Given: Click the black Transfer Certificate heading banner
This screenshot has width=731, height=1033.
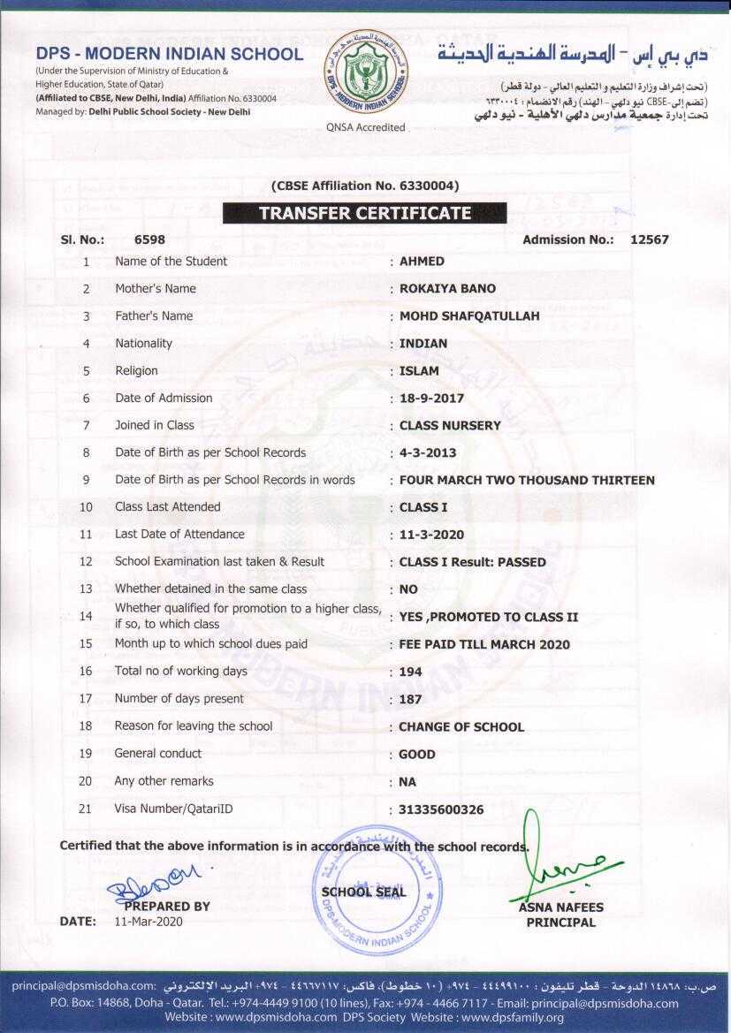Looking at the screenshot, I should pyautogui.click(x=364, y=213).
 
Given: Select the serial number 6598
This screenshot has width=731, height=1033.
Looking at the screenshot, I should pyautogui.click(x=149, y=239).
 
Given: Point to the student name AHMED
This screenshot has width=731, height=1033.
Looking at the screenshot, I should pyautogui.click(x=422, y=262).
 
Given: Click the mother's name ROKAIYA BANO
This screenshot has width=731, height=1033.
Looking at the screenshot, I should pyautogui.click(x=447, y=289).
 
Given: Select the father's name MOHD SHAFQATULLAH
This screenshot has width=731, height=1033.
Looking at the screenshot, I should pyautogui.click(x=469, y=316).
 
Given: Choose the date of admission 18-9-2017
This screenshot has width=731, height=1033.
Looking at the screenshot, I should pyautogui.click(x=431, y=399).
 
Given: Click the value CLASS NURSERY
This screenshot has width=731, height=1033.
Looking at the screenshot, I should pyautogui.click(x=450, y=426).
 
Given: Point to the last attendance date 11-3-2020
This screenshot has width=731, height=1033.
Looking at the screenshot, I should pyautogui.click(x=431, y=535).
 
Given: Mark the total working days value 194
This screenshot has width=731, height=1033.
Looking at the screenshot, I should pyautogui.click(x=410, y=672).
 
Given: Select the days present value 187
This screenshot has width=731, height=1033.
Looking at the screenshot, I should pyautogui.click(x=410, y=699).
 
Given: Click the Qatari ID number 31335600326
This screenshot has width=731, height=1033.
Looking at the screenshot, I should pyautogui.click(x=441, y=809).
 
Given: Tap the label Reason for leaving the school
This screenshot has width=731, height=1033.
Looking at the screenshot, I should pyautogui.click(x=193, y=726).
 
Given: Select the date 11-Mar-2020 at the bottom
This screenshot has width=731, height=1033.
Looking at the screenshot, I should pyautogui.click(x=148, y=921).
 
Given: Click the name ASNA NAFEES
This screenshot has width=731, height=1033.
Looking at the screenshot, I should pyautogui.click(x=561, y=908).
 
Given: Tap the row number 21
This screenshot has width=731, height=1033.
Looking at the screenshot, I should pyautogui.click(x=86, y=809).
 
